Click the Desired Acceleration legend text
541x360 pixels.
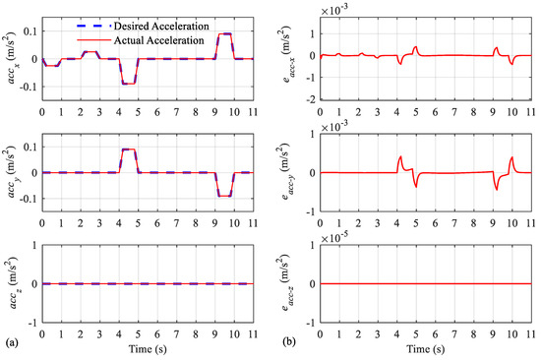coord(161,27)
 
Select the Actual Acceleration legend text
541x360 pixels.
coord(159,40)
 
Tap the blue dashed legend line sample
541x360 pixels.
coord(93,26)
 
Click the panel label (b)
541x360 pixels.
coord(289,342)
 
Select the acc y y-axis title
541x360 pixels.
coord(12,172)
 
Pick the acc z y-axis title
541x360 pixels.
coord(12,283)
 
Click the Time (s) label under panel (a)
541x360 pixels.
coord(148,349)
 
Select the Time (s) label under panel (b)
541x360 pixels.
coord(425,349)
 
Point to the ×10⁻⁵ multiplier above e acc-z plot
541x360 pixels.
coord(334,238)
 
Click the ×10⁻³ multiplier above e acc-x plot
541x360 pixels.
coord(334,11)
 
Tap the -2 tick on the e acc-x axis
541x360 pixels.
coord(312,99)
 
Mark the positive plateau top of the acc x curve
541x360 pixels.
coord(225,33)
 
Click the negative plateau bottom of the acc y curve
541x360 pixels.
coord(225,196)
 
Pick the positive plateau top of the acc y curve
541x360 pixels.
coord(129,150)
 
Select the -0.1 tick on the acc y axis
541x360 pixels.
coord(30,199)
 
